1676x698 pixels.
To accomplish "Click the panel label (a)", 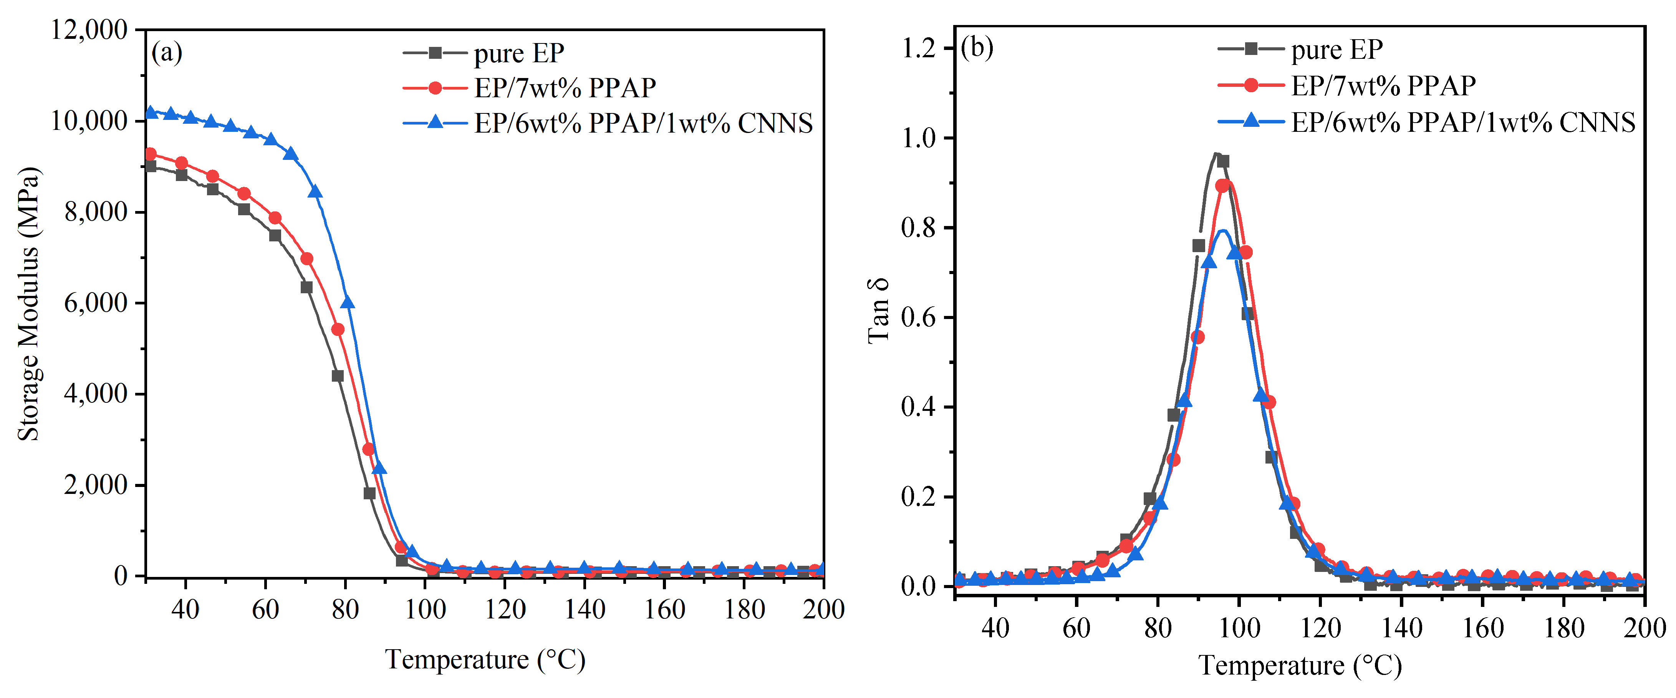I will [x=167, y=52].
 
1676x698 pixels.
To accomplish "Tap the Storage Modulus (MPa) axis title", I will [x=29, y=303].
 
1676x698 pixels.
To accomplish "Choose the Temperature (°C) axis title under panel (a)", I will [x=485, y=660].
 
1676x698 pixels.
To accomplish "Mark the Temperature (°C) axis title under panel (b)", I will [x=1299, y=665].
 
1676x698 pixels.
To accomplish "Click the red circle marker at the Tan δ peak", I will [x=1222, y=186].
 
